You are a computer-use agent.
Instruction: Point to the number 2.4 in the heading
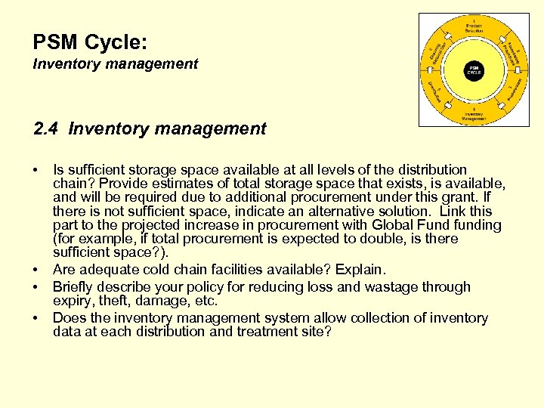point(47,129)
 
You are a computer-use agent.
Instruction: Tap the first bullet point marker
point(37,170)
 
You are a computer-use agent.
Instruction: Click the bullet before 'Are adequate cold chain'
point(37,270)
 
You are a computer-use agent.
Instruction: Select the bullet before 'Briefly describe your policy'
point(37,287)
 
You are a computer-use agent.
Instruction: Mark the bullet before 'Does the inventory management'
point(37,319)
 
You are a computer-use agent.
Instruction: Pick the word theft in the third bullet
point(106,301)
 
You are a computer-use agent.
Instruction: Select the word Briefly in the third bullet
point(74,287)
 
